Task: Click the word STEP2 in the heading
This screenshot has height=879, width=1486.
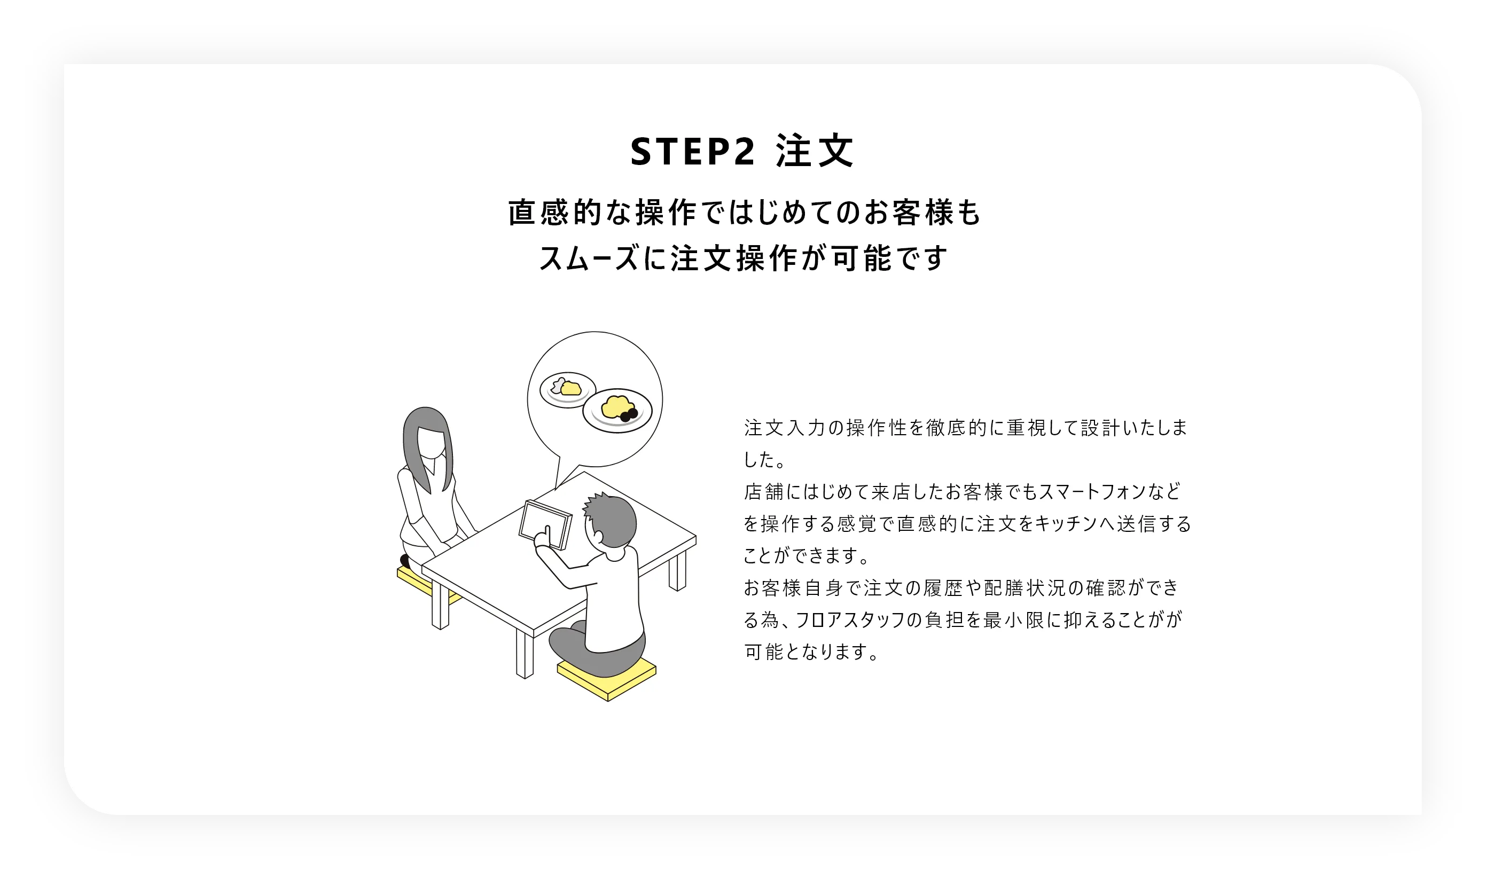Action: click(692, 152)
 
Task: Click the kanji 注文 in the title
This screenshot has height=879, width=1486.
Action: click(815, 152)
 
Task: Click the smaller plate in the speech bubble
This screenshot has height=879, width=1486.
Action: click(567, 390)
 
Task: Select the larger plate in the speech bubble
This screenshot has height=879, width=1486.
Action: click(617, 411)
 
